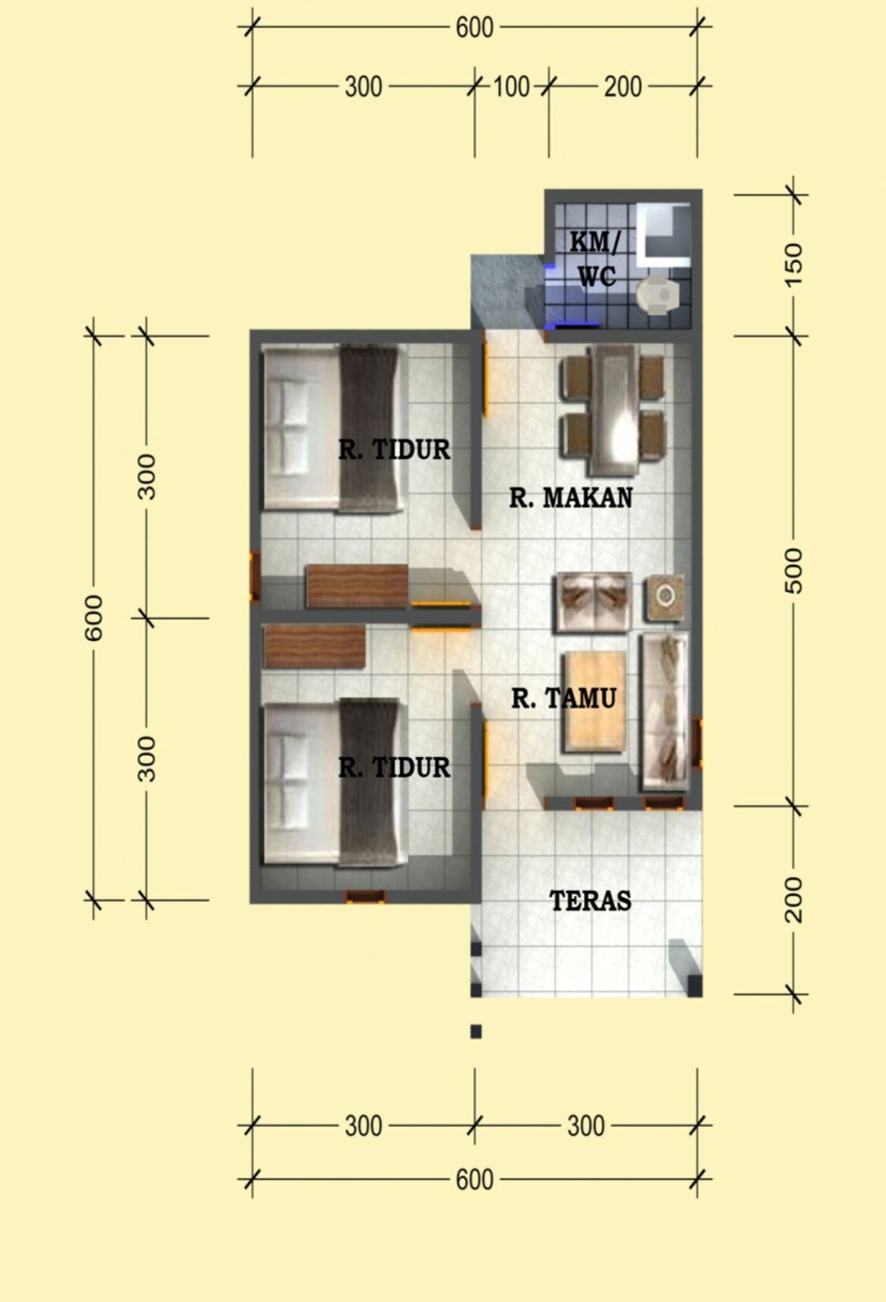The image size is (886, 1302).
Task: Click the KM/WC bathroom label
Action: tap(595, 259)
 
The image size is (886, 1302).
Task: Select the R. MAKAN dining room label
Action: tap(570, 498)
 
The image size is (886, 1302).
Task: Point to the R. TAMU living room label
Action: tap(563, 698)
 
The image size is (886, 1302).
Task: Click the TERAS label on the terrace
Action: tap(591, 901)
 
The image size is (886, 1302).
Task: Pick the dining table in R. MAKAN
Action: tap(613, 410)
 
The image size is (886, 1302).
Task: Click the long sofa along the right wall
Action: tap(664, 712)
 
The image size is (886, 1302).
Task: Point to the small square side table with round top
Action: tap(664, 597)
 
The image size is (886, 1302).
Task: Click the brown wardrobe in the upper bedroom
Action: tap(356, 585)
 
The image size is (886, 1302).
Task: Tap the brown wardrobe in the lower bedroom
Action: tap(313, 646)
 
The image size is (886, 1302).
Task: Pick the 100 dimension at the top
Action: tap(511, 87)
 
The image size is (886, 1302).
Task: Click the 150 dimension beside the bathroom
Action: tap(793, 265)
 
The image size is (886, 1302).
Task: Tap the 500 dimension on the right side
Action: tap(793, 571)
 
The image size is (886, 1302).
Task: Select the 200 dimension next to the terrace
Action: tap(793, 900)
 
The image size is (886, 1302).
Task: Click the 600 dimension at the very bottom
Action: tap(474, 1180)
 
